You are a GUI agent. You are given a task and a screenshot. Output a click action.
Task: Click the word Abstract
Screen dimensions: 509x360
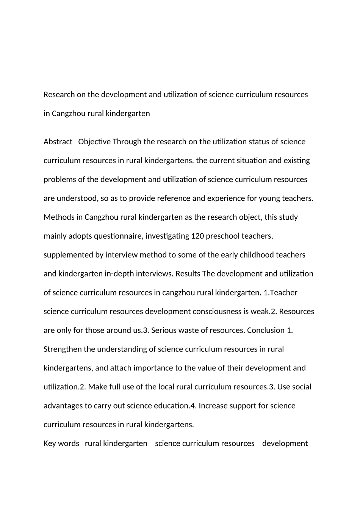click(58, 142)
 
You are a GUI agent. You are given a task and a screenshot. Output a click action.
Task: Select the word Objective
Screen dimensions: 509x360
click(94, 142)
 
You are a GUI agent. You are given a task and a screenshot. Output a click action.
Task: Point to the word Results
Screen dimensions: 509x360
click(188, 273)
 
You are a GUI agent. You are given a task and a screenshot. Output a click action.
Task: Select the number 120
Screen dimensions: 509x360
click(198, 236)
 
